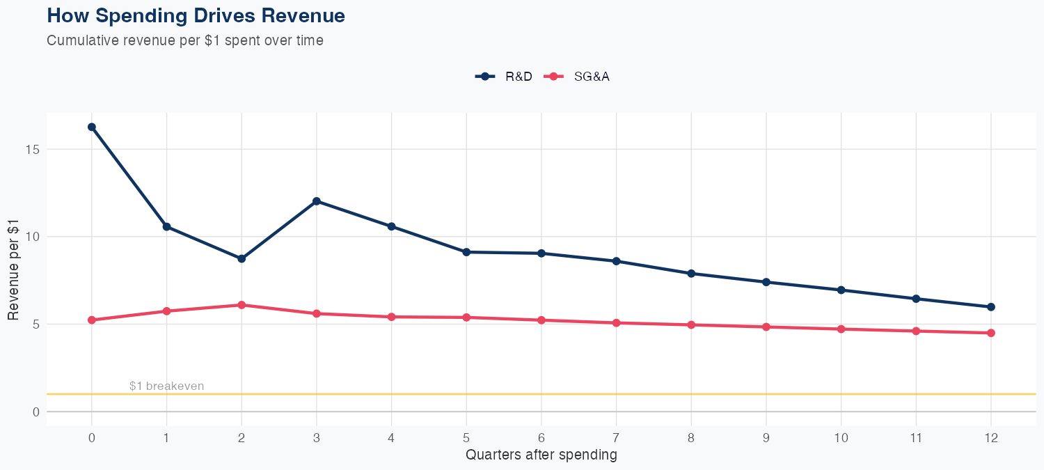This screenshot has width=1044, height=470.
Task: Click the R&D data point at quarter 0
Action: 92,127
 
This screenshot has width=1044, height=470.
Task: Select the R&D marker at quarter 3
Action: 317,201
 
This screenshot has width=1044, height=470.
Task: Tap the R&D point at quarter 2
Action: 242,258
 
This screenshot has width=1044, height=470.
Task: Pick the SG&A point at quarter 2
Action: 242,305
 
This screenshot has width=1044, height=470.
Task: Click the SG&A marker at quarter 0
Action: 92,320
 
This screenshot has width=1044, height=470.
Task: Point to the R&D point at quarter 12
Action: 991,307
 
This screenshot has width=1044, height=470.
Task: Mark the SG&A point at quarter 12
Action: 991,333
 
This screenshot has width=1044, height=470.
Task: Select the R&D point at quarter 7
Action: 616,261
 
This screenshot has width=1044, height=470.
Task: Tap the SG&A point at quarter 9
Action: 766,327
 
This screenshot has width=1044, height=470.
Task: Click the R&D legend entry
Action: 505,77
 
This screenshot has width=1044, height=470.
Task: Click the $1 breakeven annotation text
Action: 167,386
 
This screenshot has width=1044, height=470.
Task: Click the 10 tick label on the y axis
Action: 33,237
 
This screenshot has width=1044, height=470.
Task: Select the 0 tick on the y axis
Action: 36,412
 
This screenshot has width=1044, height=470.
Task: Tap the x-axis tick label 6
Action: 541,438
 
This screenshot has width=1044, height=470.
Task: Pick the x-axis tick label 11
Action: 916,438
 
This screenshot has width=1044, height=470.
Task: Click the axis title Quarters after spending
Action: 541,455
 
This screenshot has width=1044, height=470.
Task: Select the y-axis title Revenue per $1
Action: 13,269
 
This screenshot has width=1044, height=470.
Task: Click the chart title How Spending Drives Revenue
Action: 196,15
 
